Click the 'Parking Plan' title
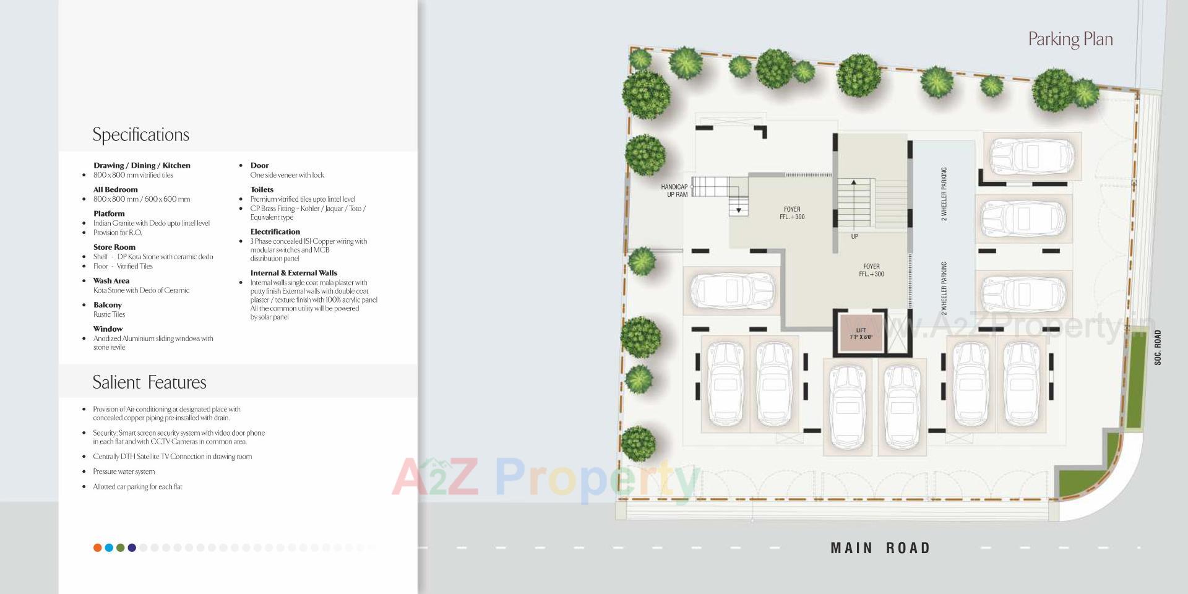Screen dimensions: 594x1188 coord(1070,40)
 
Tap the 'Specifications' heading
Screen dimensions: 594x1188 coord(140,135)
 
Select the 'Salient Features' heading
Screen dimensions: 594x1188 coord(149,382)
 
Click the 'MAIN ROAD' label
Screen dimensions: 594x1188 coord(880,548)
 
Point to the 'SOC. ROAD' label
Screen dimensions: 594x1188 coord(1158,347)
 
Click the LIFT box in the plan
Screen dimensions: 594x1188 coord(861,334)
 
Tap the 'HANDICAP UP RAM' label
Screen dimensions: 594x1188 coord(674,191)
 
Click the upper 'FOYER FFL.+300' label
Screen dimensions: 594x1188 coord(792,213)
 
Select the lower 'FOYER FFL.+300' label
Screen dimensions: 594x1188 coord(871,270)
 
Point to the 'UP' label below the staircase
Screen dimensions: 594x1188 coord(854,236)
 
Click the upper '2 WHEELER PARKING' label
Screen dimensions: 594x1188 coord(944,194)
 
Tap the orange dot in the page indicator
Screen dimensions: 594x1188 coord(97,548)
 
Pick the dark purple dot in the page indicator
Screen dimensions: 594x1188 coord(132,548)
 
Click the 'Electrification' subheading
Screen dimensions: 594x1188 coord(275,231)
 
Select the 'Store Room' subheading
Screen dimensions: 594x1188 coord(114,247)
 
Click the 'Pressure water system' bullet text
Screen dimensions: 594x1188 coord(124,471)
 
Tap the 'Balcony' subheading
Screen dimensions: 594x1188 coord(108,304)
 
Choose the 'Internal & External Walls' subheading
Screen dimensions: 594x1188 coord(293,273)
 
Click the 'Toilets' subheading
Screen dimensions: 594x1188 coord(262,189)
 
